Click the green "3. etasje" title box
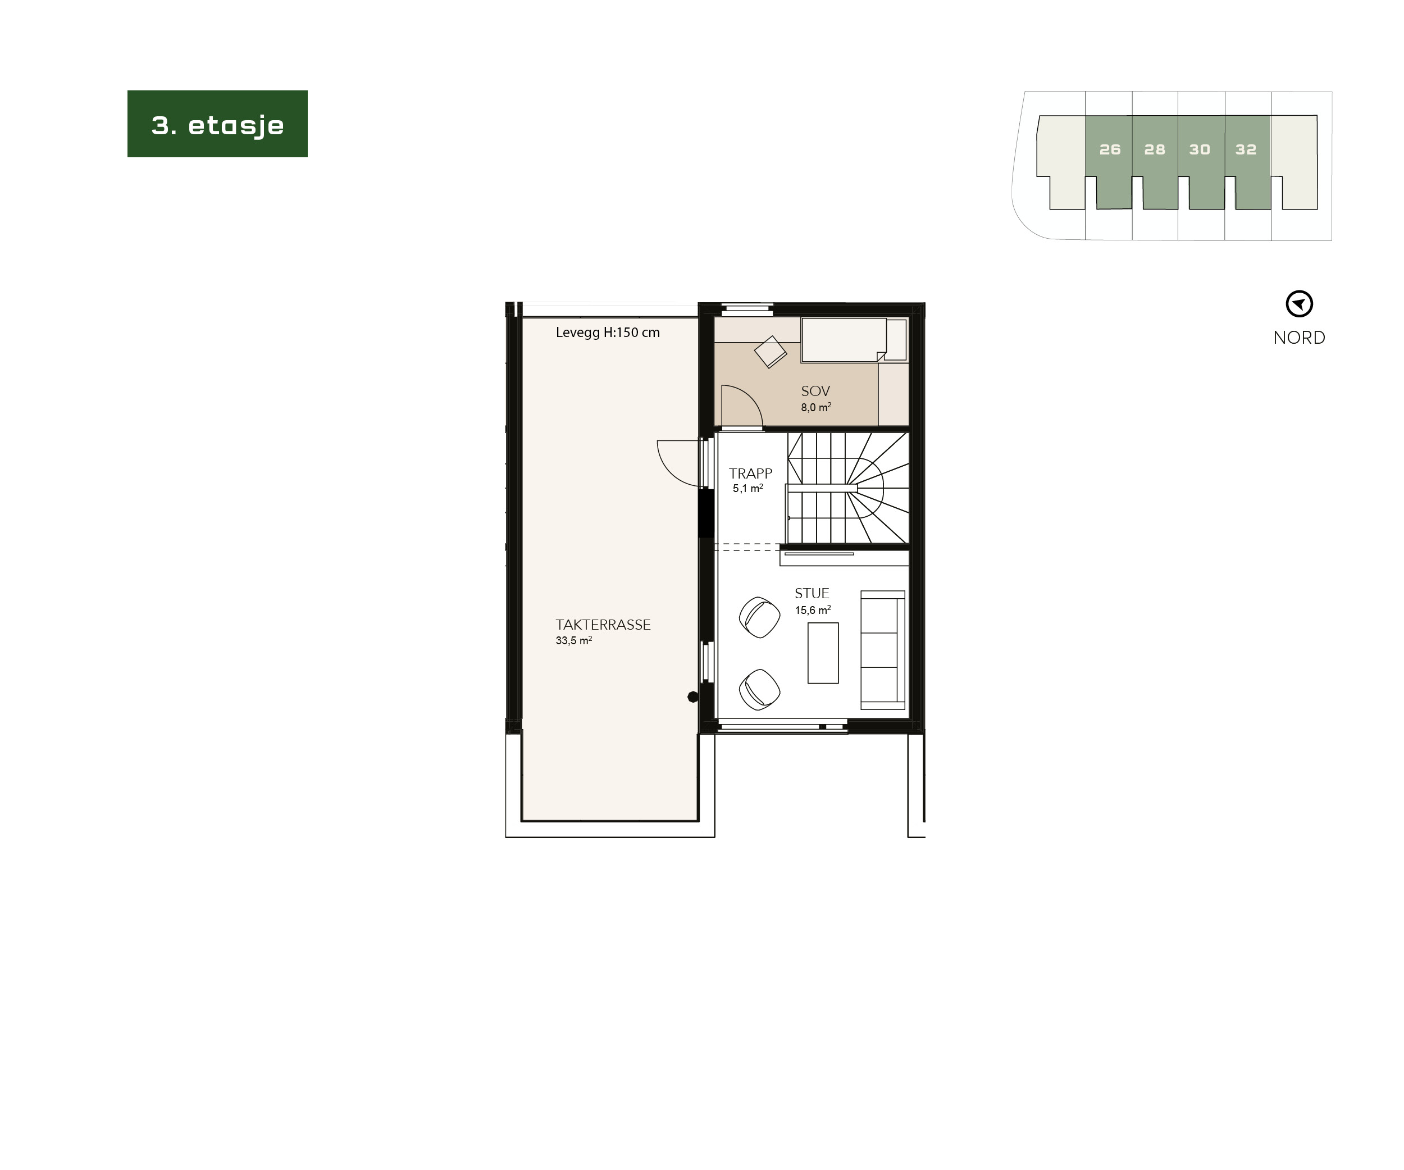pyautogui.click(x=217, y=124)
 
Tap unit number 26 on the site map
pyautogui.click(x=1110, y=150)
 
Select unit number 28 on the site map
pyautogui.click(x=1155, y=150)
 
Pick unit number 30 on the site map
pyautogui.click(x=1200, y=150)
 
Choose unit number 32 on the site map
pyautogui.click(x=1246, y=150)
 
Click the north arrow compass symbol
pyautogui.click(x=1299, y=304)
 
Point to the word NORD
pyautogui.click(x=1299, y=338)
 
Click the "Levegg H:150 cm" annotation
pyautogui.click(x=608, y=333)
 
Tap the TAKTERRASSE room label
pyautogui.click(x=603, y=625)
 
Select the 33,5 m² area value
pyautogui.click(x=573, y=640)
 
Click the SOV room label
pyautogui.click(x=815, y=391)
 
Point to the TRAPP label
pyautogui.click(x=750, y=474)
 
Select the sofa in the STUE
pyautogui.click(x=882, y=649)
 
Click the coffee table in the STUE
pyautogui.click(x=823, y=653)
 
